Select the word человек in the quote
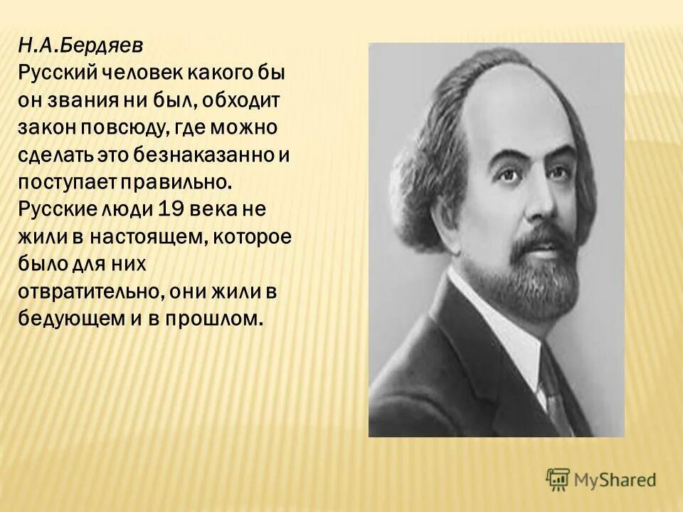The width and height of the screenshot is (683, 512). point(138,73)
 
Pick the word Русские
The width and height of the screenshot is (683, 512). point(54,208)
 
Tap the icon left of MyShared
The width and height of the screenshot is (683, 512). point(558,479)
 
